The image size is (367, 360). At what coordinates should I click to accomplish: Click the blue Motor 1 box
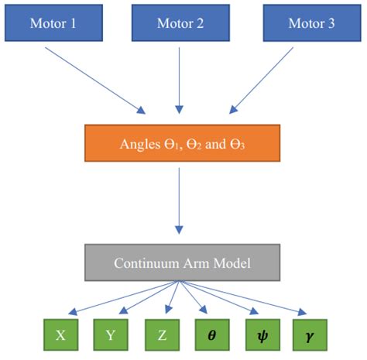pos(53,22)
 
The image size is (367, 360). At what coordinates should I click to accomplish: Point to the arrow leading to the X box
pos(116,297)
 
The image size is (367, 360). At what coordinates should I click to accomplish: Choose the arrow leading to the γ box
pos(244,297)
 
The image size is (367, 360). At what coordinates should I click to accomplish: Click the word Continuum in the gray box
pos(144,262)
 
